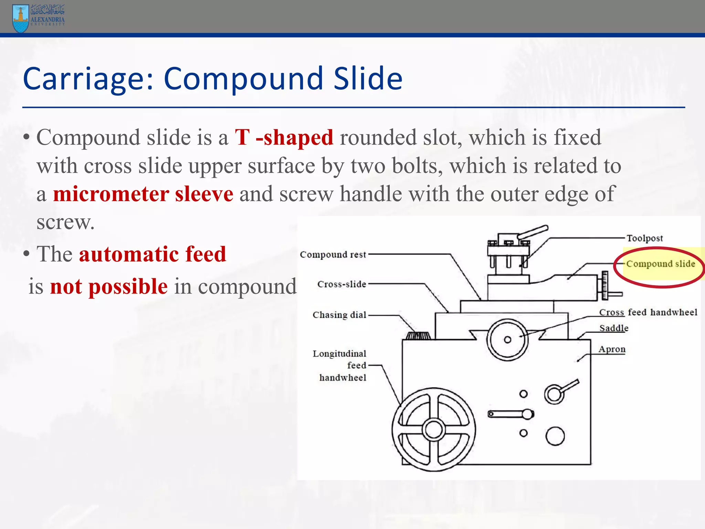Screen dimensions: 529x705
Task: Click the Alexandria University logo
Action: coord(38,18)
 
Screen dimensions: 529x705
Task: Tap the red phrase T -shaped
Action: coord(284,137)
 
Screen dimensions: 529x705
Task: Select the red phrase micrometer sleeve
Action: coord(143,194)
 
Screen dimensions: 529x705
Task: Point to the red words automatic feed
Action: coord(152,254)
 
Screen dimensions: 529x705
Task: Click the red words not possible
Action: coord(109,286)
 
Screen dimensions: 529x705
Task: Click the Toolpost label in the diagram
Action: coord(644,238)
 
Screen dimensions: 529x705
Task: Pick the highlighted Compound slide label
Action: coord(660,264)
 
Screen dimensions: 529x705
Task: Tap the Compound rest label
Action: coord(333,255)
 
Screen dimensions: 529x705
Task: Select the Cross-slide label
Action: coord(341,284)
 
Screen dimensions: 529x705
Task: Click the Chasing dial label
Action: coord(339,315)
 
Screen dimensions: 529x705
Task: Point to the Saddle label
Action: coord(613,328)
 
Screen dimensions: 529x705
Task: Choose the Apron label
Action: coord(612,349)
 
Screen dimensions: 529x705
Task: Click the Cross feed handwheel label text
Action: coord(648,312)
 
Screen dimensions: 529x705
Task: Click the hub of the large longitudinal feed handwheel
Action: coord(433,429)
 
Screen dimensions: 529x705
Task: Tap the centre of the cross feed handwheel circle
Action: coord(507,340)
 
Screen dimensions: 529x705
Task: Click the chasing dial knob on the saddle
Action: coord(418,335)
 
